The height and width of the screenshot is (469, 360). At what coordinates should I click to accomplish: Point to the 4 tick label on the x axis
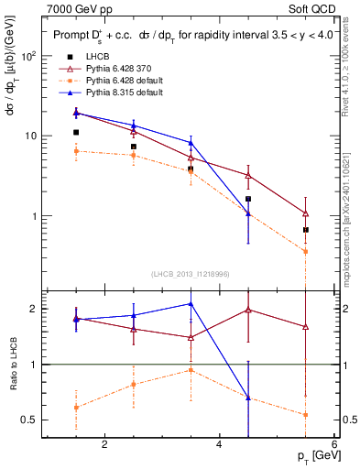[x=219, y=445]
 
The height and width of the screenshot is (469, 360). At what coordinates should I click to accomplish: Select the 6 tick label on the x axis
[x=334, y=445]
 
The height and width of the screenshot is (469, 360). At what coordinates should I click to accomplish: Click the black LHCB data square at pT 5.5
[x=306, y=229]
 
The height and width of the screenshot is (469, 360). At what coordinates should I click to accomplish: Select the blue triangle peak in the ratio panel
[x=191, y=303]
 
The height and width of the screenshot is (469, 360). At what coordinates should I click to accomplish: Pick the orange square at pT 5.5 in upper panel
[x=306, y=251]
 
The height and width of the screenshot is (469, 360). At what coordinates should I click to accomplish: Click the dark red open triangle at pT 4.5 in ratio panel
[x=248, y=310]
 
